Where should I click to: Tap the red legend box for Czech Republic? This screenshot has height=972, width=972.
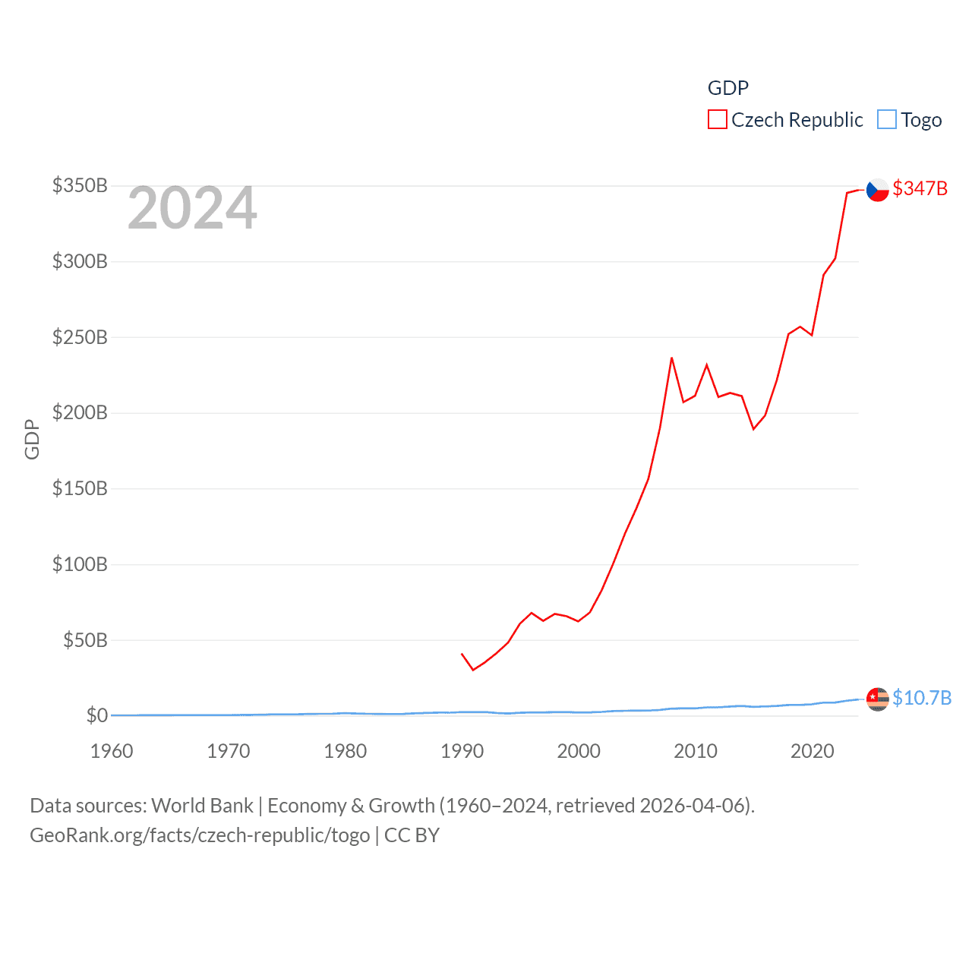pos(717,120)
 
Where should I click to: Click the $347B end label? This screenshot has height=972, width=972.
pos(920,188)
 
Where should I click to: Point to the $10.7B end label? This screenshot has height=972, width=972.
pos(921,698)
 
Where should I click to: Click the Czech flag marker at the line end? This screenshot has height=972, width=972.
pos(877,189)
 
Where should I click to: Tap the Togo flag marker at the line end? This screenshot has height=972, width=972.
pos(877,699)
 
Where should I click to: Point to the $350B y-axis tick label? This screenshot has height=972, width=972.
pos(80,185)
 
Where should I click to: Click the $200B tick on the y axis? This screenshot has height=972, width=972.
pos(80,412)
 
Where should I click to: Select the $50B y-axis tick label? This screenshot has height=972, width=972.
pos(85,640)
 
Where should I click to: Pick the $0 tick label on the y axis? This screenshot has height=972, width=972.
pos(96,715)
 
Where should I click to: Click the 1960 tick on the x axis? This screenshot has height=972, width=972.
pos(112,751)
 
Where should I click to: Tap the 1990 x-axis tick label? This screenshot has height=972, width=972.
pos(462,751)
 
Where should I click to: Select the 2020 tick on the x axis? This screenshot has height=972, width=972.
pos(812,751)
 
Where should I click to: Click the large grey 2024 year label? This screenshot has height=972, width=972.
pos(192,208)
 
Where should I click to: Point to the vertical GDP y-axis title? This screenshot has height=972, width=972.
pos(32,439)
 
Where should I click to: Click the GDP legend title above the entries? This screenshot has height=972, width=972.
pos(727,88)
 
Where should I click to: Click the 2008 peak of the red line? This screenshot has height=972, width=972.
pos(671,358)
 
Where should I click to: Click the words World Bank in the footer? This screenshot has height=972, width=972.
pos(202,805)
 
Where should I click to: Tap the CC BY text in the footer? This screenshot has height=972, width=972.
pos(412,835)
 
